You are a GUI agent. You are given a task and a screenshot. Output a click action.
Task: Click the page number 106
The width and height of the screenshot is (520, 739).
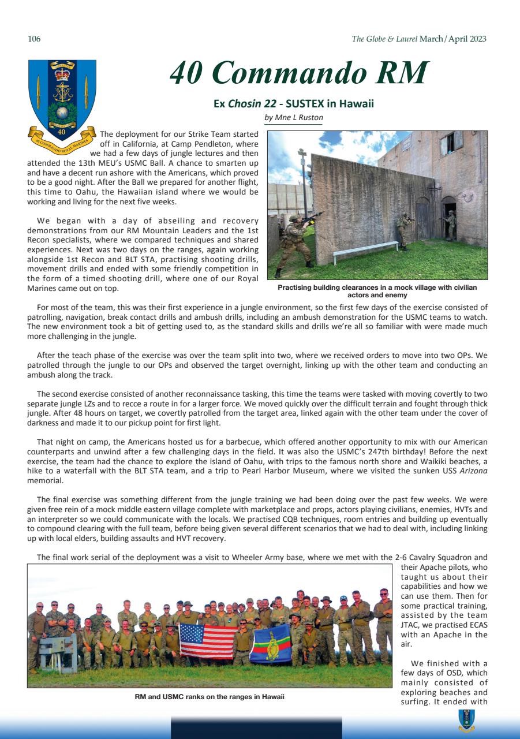(x=34, y=39)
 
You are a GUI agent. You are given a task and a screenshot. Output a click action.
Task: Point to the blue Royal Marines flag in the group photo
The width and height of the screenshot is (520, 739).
(x=270, y=643)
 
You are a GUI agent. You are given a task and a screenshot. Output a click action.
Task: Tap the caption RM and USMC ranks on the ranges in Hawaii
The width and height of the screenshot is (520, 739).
(x=210, y=697)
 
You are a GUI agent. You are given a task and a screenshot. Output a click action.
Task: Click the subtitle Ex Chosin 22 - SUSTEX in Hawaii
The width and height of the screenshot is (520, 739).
(x=294, y=104)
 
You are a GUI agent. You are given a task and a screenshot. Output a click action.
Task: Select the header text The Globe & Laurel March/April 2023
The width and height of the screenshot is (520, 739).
(x=418, y=39)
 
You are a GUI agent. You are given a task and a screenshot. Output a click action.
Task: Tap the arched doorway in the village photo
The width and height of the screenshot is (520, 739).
(x=448, y=218)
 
